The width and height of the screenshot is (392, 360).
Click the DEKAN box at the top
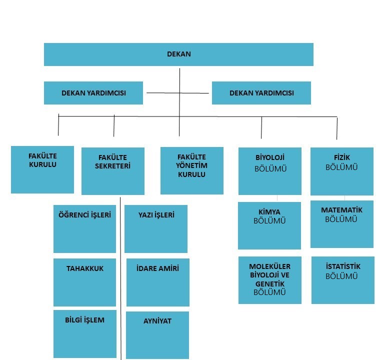click(x=178, y=54)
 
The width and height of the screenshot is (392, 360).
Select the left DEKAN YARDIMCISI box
click(x=93, y=93)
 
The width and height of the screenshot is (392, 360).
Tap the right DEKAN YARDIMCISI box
click(x=261, y=93)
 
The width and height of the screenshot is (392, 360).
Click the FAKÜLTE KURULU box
click(x=42, y=169)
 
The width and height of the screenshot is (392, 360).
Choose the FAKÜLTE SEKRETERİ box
click(x=113, y=171)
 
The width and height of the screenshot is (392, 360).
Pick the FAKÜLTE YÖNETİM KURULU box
click(x=192, y=170)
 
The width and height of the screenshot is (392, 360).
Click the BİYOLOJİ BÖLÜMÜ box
click(x=270, y=171)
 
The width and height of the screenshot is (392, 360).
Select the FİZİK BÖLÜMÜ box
click(x=342, y=171)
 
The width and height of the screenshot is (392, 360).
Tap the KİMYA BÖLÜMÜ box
click(x=269, y=225)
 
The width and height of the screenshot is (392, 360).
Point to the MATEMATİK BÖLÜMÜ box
click(x=342, y=224)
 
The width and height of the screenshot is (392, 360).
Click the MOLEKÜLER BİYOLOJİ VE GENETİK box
click(x=270, y=280)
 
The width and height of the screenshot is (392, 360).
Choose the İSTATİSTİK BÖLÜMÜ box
click(x=343, y=280)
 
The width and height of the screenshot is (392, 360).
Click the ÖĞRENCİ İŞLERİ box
click(x=85, y=229)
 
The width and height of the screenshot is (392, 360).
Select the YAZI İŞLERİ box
click(x=156, y=229)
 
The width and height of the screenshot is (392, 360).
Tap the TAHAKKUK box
click(x=85, y=282)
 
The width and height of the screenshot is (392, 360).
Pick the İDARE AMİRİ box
click(x=158, y=282)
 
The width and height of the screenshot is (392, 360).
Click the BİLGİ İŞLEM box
click(x=85, y=334)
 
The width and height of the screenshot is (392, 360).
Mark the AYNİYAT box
click(x=157, y=335)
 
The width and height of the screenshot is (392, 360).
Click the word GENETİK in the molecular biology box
click(x=270, y=284)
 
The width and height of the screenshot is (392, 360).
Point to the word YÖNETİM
click(x=191, y=165)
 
